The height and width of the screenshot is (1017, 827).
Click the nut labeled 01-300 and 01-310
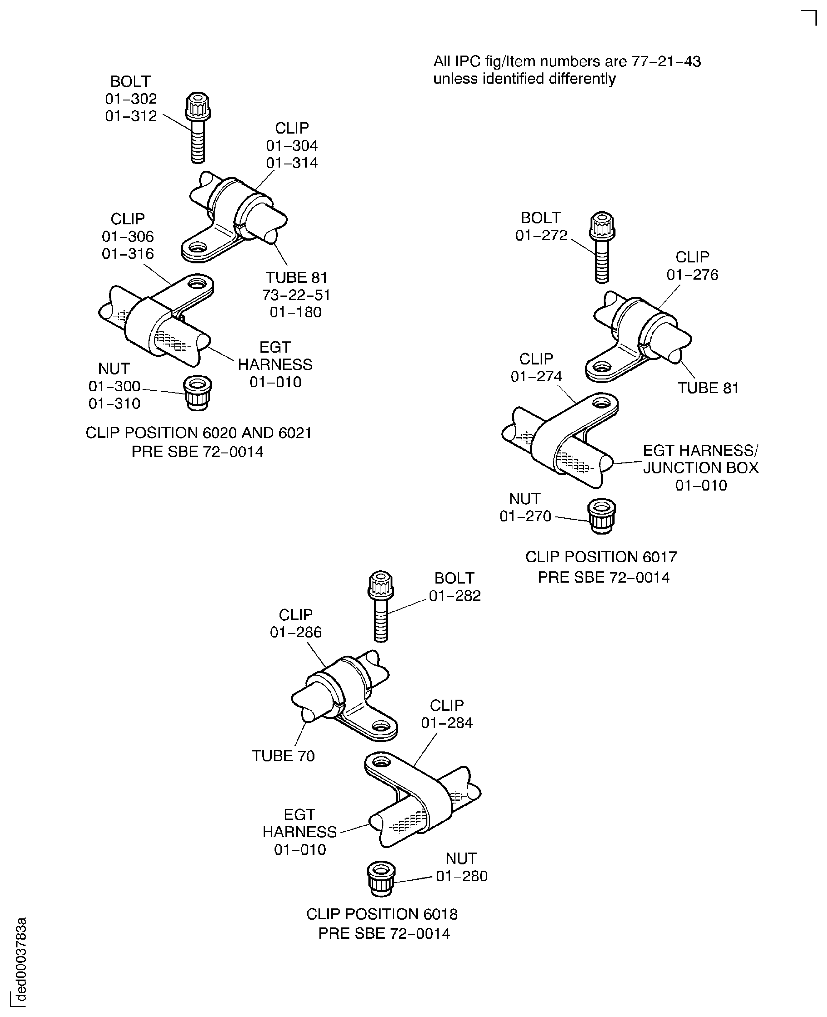(x=197, y=393)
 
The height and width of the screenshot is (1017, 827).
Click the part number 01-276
(x=692, y=275)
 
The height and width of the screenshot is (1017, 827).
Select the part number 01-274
(x=536, y=376)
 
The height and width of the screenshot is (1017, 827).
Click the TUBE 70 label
(x=284, y=755)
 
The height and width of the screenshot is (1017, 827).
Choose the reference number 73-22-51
(x=296, y=295)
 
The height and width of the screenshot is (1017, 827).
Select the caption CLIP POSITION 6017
(x=601, y=557)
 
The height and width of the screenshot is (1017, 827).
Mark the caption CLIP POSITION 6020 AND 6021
(x=199, y=433)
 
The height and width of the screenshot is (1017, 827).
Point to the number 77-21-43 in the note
(x=666, y=61)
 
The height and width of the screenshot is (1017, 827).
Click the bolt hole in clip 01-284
(x=381, y=761)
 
